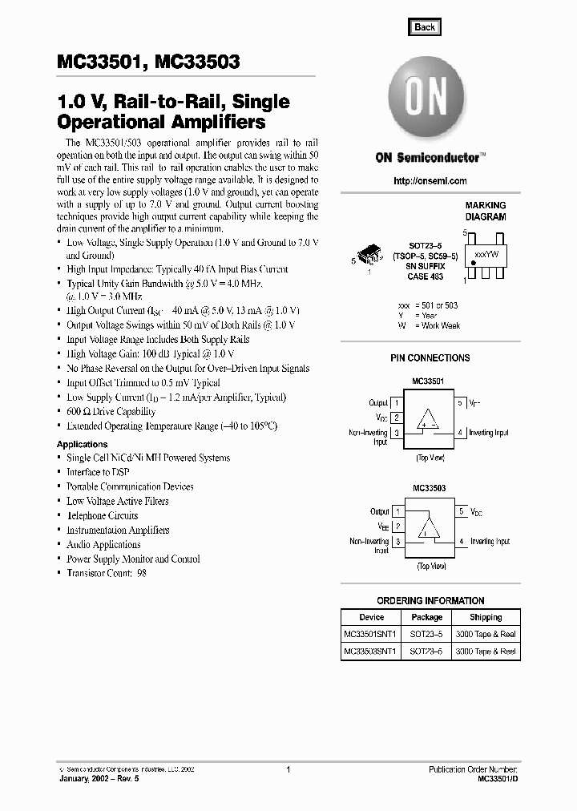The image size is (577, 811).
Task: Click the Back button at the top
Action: [x=425, y=26]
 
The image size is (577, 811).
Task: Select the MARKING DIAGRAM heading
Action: [x=486, y=212]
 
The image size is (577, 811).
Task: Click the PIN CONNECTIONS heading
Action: [x=430, y=358]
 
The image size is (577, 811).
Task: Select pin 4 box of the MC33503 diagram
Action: [x=461, y=542]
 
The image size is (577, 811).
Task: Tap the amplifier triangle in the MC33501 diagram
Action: [x=430, y=418]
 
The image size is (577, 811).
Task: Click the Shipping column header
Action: [x=486, y=617]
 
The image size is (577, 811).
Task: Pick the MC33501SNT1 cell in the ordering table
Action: [x=372, y=634]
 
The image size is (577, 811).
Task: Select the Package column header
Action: [x=426, y=617]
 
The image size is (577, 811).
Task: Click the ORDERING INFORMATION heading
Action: [x=430, y=600]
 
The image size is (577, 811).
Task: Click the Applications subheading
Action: [x=82, y=444]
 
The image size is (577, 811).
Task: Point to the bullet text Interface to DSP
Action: [x=98, y=472]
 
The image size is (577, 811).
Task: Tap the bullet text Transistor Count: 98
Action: [x=106, y=573]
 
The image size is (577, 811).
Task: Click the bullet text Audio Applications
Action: [x=103, y=544]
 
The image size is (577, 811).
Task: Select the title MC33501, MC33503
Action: [x=148, y=62]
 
